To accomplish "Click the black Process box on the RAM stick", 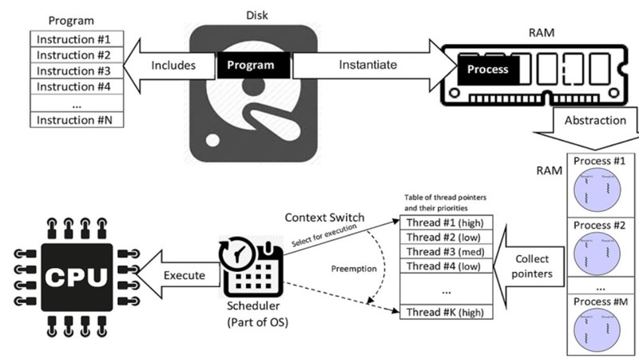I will pyautogui.click(x=487, y=69).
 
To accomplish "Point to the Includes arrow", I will pyautogui.click(x=171, y=65).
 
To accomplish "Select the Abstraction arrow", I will pyautogui.click(x=594, y=121).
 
